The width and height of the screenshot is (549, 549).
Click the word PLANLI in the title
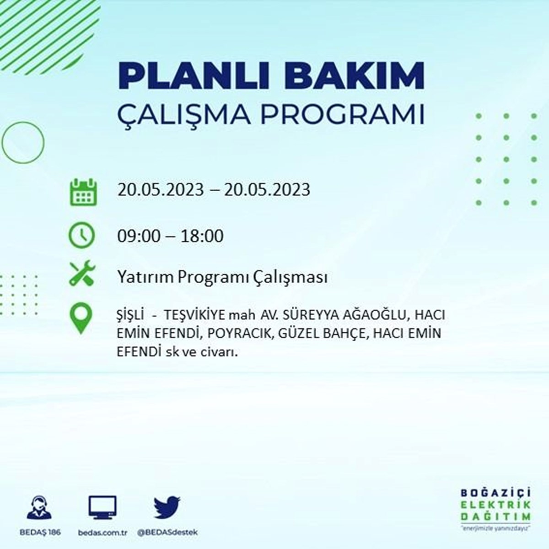(194, 76)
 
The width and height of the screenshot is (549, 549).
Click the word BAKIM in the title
(354, 76)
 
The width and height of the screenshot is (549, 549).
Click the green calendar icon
(83, 192)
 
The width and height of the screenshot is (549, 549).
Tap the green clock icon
(81, 236)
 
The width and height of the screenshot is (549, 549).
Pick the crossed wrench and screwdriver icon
(82, 273)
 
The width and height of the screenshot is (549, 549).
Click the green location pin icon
(81, 318)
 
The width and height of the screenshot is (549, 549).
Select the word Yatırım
(145, 277)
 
